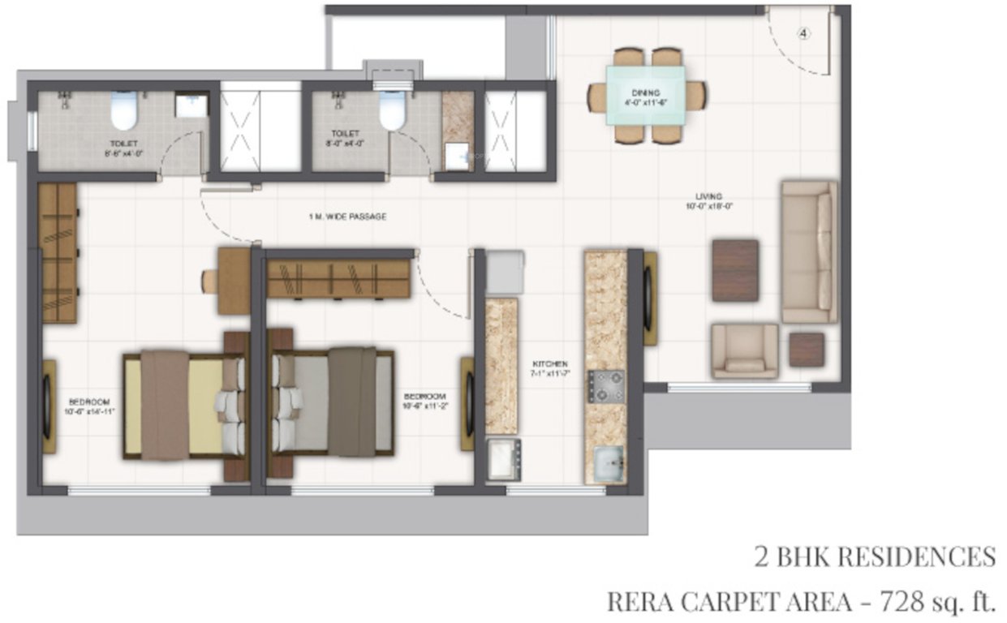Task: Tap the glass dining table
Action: tap(646, 95)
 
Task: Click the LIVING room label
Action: tap(708, 195)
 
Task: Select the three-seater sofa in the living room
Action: tap(808, 251)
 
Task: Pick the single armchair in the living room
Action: tap(744, 351)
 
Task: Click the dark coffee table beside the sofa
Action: tap(735, 270)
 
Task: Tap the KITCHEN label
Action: tap(549, 363)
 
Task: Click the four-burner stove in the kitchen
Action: tap(605, 386)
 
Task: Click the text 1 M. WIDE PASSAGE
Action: tap(346, 217)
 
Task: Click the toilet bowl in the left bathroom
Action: tap(123, 111)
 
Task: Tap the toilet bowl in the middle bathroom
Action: tap(392, 111)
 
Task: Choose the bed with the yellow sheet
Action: tap(183, 406)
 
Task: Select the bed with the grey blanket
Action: tap(333, 402)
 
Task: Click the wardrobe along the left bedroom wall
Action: tap(58, 253)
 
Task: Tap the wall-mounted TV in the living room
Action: tap(650, 299)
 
